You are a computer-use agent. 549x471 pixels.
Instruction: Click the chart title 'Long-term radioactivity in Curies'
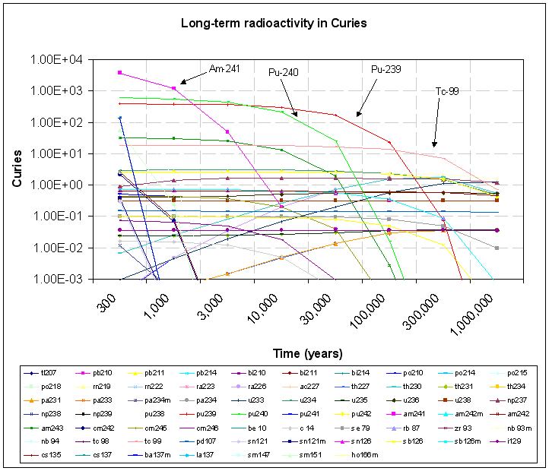pos(274,23)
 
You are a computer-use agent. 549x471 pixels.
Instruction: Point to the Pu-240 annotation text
pos(283,72)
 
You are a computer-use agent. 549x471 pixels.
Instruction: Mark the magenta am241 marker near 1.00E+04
pos(120,73)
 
